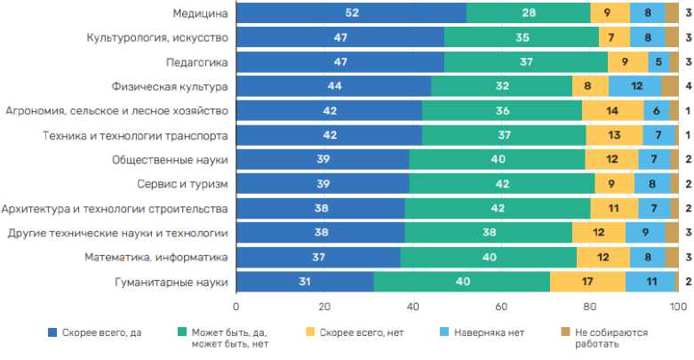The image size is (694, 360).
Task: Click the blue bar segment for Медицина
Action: point(351,12)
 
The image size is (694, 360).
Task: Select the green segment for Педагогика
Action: point(526,62)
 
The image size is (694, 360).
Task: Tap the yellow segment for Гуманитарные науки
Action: point(588,283)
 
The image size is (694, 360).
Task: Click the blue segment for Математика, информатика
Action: point(318,258)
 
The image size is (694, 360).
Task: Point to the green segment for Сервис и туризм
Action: point(502,184)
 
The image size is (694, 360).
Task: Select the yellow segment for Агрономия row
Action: point(612,111)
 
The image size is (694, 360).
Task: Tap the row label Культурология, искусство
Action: point(157,37)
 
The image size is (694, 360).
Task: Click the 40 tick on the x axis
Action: point(413,307)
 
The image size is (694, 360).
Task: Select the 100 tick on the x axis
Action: point(678,307)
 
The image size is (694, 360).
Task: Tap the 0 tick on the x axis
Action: point(236,307)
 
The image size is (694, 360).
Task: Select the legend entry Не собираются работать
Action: point(612,338)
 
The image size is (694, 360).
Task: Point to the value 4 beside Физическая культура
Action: point(688,86)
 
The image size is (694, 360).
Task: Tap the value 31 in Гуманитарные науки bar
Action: point(306,283)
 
